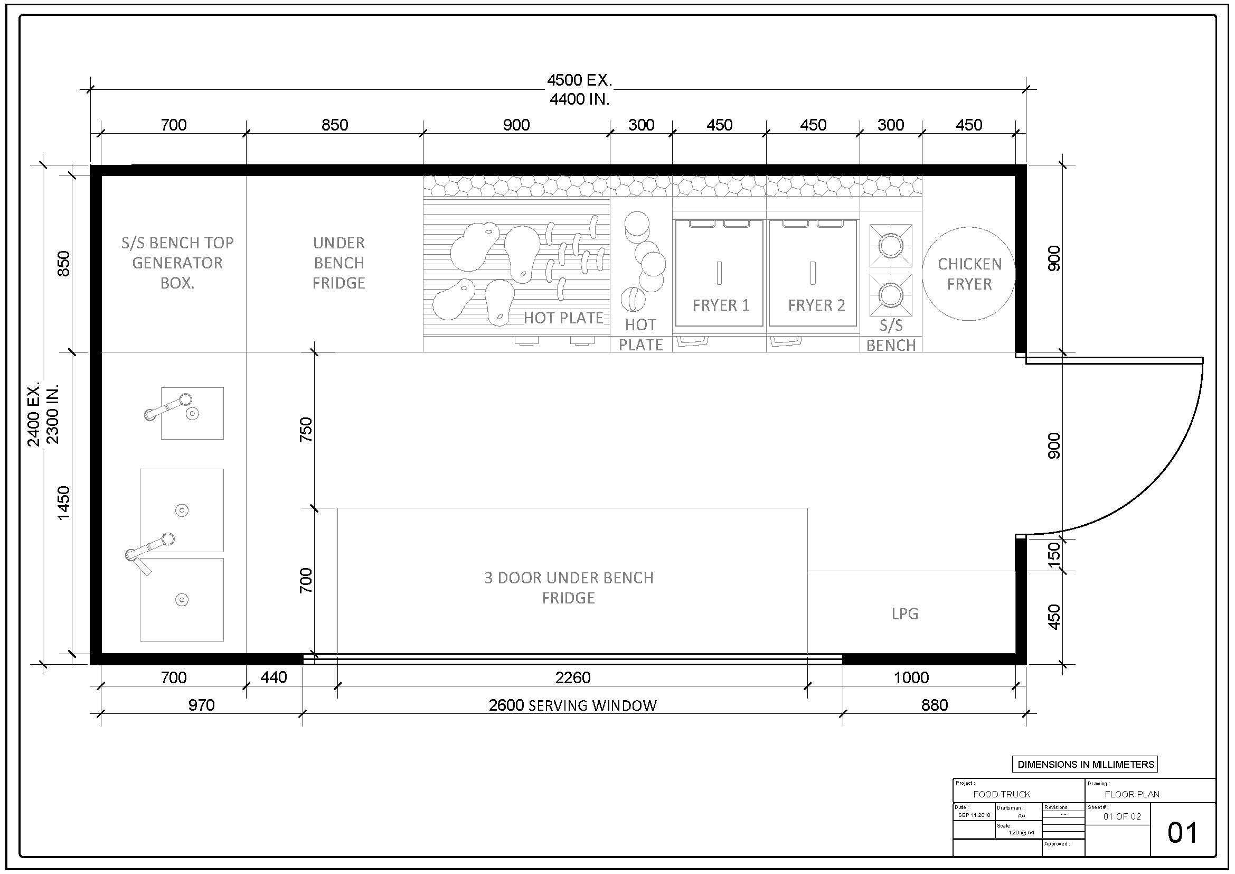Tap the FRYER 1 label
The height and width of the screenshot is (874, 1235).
click(721, 305)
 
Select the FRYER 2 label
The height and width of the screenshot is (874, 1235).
click(816, 305)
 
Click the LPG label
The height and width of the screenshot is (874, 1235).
click(905, 613)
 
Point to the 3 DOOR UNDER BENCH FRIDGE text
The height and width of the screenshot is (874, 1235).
click(569, 588)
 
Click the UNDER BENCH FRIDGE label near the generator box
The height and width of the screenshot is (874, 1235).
click(339, 263)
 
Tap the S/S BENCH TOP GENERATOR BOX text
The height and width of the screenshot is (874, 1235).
click(177, 263)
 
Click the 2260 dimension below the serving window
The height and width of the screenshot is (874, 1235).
click(573, 677)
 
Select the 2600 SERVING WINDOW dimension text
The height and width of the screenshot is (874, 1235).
click(573, 705)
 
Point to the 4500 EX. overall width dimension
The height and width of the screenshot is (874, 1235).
click(579, 80)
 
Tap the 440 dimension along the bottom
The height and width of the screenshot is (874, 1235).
click(274, 677)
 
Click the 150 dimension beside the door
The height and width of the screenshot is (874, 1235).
click(1054, 554)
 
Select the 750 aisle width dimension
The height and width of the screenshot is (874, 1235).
click(306, 430)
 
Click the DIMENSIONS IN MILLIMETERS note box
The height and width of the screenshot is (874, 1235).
click(1086, 764)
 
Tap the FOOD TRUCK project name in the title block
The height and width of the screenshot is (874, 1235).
click(1002, 794)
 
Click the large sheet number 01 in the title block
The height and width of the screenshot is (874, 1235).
click(1182, 833)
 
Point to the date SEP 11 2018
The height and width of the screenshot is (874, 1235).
click(974, 815)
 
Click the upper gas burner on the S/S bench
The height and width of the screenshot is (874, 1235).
click(891, 246)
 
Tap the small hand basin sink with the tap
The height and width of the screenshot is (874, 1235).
click(192, 413)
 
